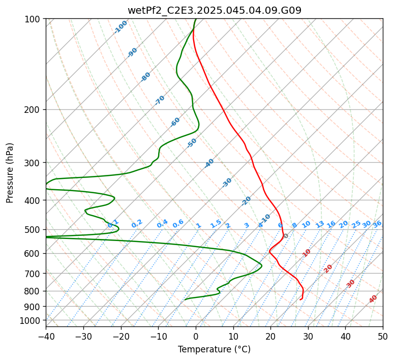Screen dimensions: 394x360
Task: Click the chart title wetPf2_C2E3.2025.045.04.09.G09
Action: [215, 11]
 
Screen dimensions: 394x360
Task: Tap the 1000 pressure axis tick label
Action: [33, 321]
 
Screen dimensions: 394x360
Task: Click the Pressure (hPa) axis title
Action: [10, 173]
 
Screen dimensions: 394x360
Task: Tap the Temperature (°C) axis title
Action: [215, 349]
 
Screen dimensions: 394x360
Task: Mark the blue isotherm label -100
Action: [120, 27]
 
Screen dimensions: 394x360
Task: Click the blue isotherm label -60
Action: [175, 122]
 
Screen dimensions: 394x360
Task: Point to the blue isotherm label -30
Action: [227, 183]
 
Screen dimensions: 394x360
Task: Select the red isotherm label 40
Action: [373, 299]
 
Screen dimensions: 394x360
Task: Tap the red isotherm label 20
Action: [328, 269]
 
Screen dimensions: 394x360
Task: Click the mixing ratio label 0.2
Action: [137, 224]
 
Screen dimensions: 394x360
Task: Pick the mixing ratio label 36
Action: [377, 224]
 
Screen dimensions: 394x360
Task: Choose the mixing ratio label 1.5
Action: [216, 224]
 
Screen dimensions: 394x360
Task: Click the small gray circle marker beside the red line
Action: [286, 235]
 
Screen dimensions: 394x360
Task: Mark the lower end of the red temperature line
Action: [300, 299]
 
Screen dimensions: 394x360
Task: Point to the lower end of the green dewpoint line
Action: [185, 299]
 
